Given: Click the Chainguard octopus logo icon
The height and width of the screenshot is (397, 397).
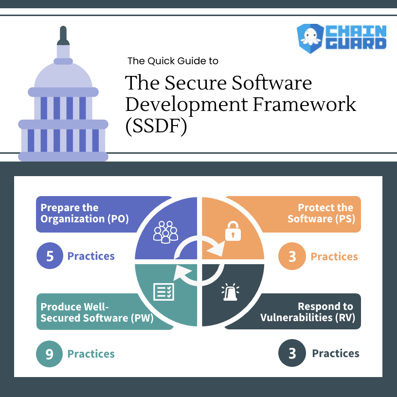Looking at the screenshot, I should [309, 38].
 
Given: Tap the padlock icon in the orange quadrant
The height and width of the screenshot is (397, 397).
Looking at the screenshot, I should [233, 232].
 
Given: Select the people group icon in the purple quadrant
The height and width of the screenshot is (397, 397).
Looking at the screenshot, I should [165, 232].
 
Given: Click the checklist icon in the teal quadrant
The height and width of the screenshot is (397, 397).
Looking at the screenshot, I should [163, 291].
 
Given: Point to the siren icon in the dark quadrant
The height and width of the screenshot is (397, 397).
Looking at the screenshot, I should [230, 292].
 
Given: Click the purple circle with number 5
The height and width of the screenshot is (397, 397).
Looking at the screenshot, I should [50, 256].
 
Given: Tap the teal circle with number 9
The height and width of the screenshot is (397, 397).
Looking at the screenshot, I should [50, 354].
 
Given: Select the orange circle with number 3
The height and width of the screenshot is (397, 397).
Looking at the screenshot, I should [292, 256].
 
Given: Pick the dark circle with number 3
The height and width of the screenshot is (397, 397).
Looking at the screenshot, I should [292, 353].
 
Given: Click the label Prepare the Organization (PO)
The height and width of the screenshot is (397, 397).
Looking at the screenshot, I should [84, 214].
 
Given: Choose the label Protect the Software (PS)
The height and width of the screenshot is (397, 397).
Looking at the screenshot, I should [321, 214].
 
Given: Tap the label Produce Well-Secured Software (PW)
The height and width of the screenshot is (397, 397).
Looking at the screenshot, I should [97, 313].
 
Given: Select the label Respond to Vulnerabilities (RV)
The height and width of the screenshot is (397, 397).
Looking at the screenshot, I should [307, 312].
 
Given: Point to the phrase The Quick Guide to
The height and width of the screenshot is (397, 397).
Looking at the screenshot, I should [173, 61].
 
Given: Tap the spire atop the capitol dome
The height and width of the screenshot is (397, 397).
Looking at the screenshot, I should [63, 36].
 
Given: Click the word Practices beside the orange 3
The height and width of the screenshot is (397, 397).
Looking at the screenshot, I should [334, 256].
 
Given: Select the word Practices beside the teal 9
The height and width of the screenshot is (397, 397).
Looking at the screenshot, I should [91, 354].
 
